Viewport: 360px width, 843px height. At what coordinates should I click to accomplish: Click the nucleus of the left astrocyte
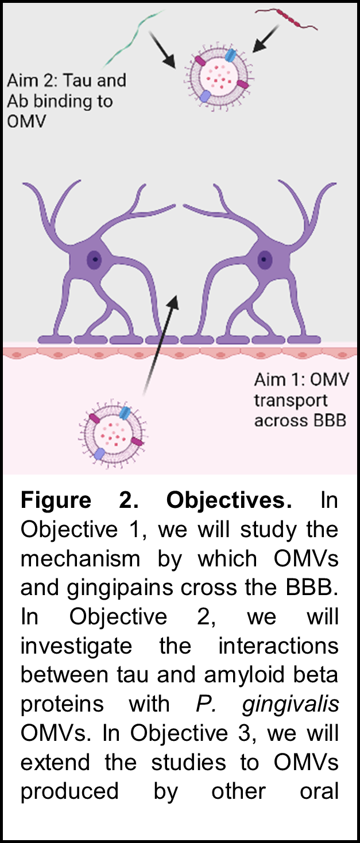pos(93,259)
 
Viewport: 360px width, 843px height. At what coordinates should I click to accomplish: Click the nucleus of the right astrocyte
pos(265,259)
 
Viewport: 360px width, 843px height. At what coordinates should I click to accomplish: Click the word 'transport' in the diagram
pos(291,401)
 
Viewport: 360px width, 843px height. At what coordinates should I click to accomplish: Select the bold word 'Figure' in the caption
pos(56,500)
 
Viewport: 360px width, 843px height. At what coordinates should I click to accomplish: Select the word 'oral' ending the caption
pos(319,791)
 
